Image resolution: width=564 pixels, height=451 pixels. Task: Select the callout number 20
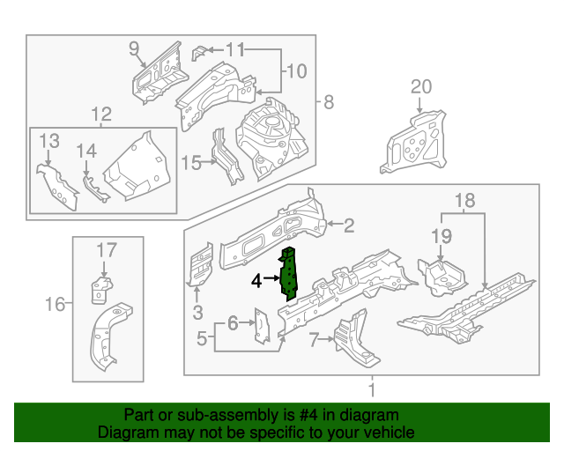pos(421,86)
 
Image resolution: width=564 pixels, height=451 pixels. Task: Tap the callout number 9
pos(134,48)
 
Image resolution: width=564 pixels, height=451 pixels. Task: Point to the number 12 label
pos(101,114)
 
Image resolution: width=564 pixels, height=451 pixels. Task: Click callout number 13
pos(48,141)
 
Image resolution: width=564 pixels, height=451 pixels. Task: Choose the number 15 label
pos(190,161)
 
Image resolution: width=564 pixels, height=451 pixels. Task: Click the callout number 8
pos(328,102)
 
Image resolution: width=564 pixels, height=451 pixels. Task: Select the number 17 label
pos(106,249)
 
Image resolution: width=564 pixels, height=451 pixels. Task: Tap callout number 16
pos(55,305)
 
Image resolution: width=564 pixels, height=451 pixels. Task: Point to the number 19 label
pos(441,235)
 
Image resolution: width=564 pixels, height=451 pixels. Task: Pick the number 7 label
pos(315,341)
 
